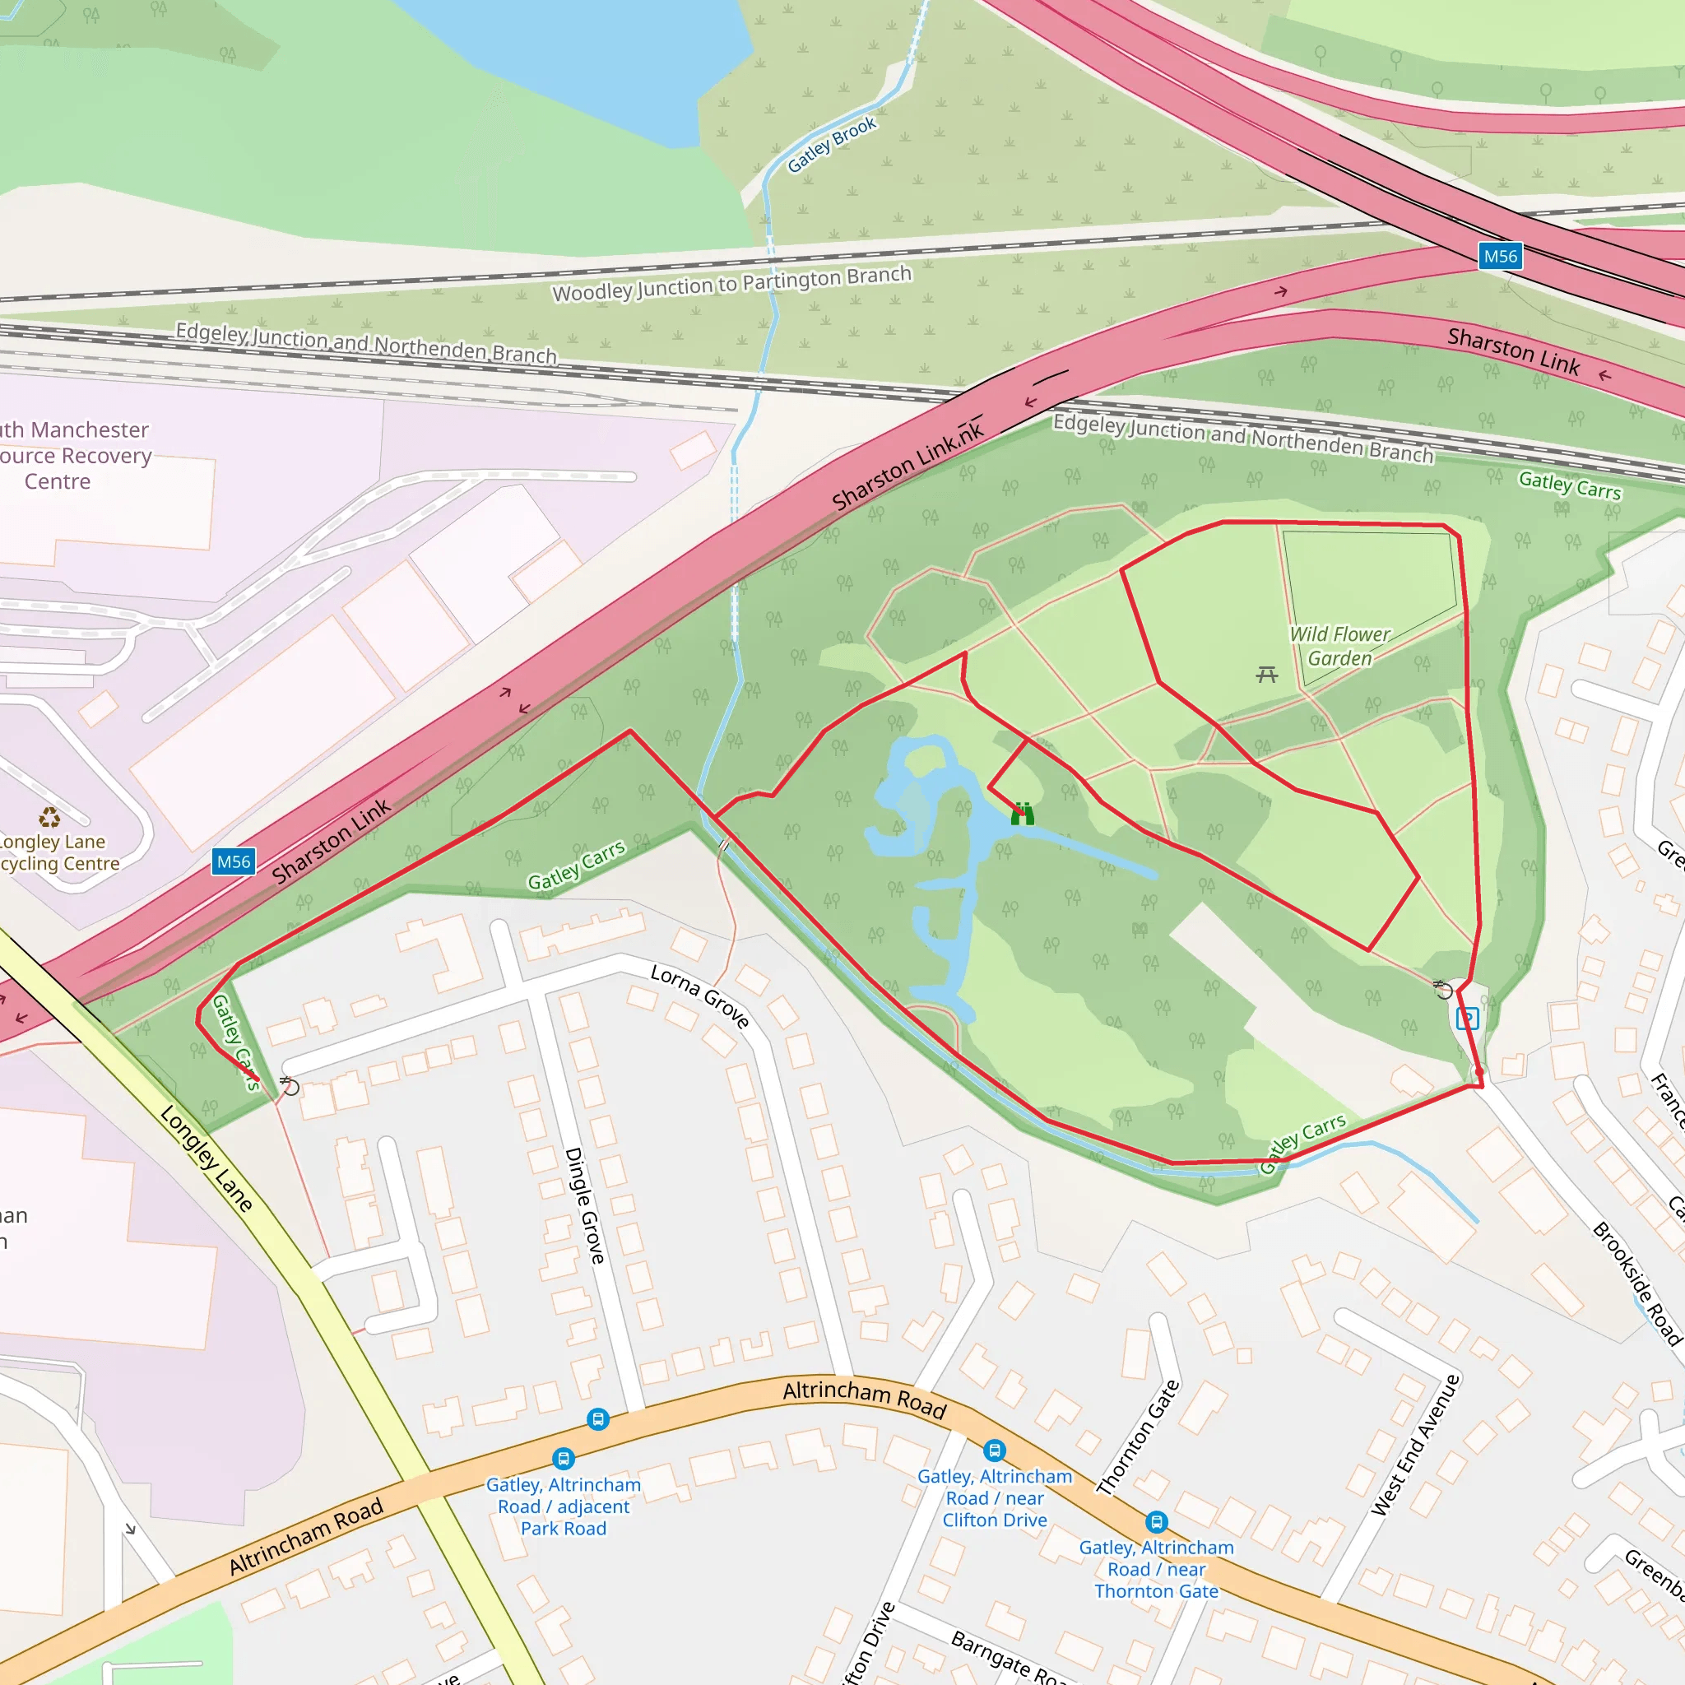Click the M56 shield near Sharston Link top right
pos(1500,257)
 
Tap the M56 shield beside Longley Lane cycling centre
pos(234,861)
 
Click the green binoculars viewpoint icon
pos(1022,815)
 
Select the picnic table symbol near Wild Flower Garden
pos(1266,674)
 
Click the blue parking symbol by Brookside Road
pos(1468,1018)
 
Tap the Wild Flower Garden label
pos(1339,646)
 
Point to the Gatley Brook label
pos(831,145)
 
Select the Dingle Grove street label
pos(585,1205)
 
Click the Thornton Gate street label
pos(1138,1437)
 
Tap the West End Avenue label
pos(1414,1445)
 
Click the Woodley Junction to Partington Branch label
pos(731,284)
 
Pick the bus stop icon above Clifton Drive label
pos(994,1451)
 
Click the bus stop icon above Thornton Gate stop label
pos(1157,1522)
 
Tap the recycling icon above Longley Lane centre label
pos(49,817)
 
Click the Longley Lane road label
pos(207,1158)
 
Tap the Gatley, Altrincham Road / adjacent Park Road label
pos(564,1506)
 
